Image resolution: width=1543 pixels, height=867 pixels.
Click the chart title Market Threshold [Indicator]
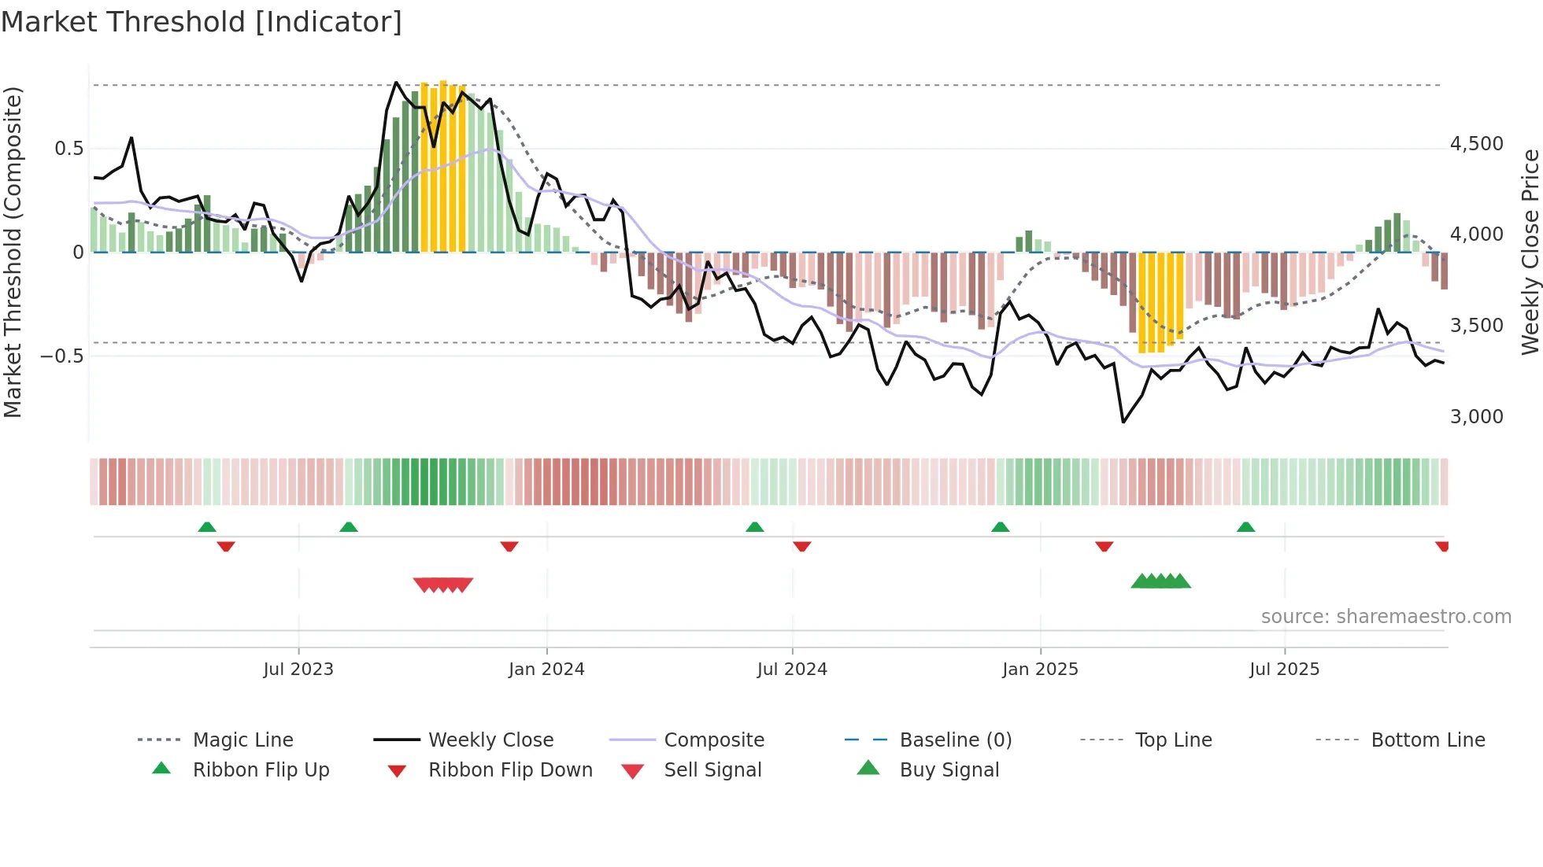point(202,22)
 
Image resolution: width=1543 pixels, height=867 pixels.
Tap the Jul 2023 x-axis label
point(298,670)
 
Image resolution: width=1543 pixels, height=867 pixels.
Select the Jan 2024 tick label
point(546,670)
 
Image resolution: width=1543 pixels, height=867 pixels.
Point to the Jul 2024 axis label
point(792,670)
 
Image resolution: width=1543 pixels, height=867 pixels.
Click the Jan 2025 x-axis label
point(1040,670)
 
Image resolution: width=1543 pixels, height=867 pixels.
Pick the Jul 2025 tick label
point(1284,670)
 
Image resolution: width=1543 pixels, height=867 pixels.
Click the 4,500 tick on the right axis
point(1476,144)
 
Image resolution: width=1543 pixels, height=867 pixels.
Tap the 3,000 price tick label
point(1476,417)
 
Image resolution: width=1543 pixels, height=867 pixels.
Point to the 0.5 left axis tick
point(68,149)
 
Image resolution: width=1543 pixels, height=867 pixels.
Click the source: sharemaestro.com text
point(1386,617)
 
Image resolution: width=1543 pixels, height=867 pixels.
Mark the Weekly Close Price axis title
point(1530,252)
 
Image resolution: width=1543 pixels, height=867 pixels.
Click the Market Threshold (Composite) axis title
point(13,252)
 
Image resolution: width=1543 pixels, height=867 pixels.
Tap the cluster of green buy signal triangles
point(1160,581)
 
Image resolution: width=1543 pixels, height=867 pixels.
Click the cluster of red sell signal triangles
point(443,585)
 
